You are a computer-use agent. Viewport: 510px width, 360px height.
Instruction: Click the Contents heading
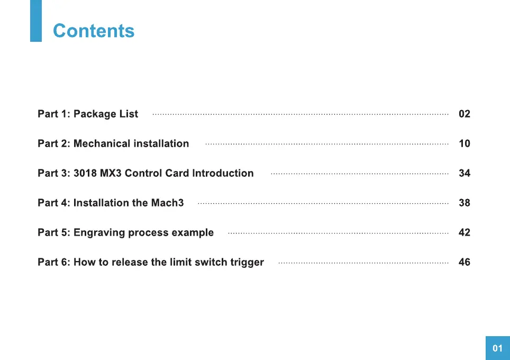94,31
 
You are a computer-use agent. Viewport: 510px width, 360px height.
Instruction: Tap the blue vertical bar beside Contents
36,21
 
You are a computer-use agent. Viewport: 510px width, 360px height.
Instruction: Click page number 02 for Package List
465,114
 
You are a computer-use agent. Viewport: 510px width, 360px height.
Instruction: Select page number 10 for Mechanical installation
465,143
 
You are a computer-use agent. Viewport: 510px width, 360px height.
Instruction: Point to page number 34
465,173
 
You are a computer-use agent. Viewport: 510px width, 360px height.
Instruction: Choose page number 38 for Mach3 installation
465,203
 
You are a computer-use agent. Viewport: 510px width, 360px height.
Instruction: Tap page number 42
465,232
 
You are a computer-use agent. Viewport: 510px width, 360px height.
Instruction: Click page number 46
465,262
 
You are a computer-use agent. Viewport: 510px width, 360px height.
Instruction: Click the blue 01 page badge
498,348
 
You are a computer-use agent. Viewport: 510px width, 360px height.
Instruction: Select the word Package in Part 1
95,114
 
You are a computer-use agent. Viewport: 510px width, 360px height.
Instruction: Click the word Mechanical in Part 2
102,143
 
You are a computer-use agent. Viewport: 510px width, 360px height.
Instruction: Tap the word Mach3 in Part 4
168,203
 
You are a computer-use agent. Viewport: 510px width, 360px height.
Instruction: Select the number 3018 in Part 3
85,173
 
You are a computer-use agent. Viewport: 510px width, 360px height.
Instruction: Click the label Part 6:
54,262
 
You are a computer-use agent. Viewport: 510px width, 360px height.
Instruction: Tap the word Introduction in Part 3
223,173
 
